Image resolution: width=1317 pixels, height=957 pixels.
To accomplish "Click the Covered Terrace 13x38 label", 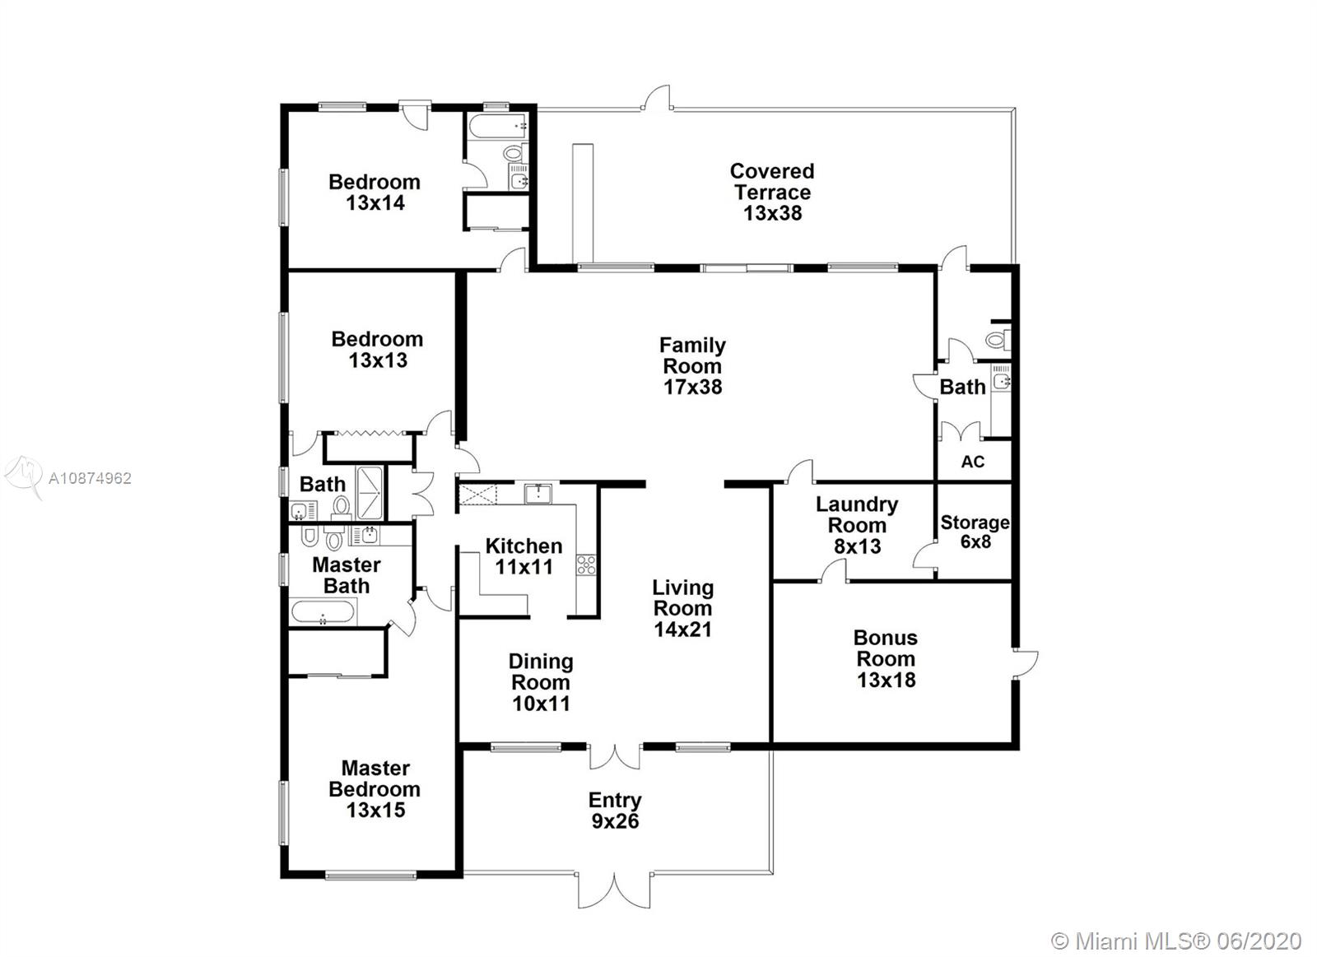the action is pos(772,193).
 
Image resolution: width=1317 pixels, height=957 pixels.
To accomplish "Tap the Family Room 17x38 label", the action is pos(692,365).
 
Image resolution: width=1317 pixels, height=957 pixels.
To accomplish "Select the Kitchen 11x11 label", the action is pos(524,556).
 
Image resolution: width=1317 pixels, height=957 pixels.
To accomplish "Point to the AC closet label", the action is pos(972,462).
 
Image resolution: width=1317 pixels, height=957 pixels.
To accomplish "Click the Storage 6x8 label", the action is pos(975,532).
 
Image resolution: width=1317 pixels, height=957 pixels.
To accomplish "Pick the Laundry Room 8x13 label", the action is pos(857,525).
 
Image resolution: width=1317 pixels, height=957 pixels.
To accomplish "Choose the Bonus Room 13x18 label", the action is pos(886,658).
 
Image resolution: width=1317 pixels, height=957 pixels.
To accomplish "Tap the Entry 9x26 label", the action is pos(615,810).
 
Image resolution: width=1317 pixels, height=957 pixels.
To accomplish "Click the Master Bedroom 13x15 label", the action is pos(375,789).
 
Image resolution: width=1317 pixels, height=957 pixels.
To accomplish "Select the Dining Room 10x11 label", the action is pos(541,682).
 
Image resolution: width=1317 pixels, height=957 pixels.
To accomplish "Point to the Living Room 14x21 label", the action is pos(683,608).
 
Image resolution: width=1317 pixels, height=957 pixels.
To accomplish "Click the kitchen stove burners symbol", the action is pos(586,565).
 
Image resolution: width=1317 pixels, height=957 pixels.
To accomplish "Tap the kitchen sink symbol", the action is pos(538,494).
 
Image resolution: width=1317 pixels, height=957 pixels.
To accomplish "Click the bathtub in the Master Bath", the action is pos(323,612).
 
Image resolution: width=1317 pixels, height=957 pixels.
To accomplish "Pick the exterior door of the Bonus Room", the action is pos(1026,664).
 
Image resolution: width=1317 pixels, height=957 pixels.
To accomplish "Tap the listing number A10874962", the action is pos(90,479).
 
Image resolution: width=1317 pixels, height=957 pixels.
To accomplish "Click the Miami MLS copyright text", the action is pos(1176,941).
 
